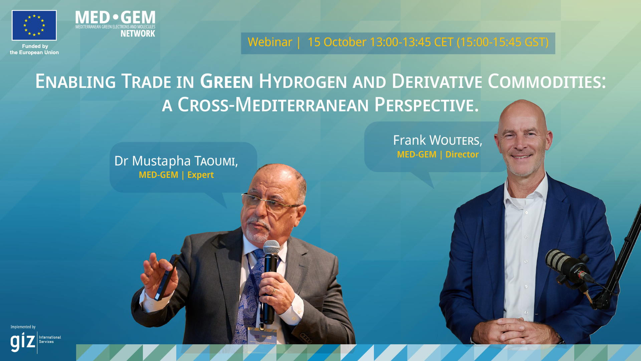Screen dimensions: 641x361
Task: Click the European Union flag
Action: point(34,25)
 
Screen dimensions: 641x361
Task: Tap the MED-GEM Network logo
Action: point(115,24)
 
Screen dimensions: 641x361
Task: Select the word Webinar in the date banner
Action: point(270,42)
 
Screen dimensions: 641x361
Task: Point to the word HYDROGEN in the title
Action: point(303,82)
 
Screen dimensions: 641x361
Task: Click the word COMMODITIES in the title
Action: point(547,82)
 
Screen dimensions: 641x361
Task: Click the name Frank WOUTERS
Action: point(437,140)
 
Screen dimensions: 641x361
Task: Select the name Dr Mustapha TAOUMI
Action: point(176,161)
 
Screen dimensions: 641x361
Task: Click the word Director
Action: point(462,154)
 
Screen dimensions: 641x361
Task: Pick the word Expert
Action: point(200,175)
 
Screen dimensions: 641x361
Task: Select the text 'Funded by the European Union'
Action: point(34,49)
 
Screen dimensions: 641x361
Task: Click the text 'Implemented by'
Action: point(23,327)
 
